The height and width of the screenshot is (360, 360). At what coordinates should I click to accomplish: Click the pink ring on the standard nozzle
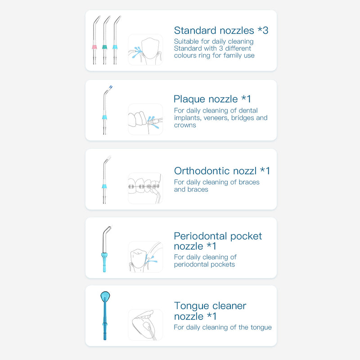(x=94, y=47)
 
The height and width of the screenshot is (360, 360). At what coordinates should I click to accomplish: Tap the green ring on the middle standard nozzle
(x=105, y=47)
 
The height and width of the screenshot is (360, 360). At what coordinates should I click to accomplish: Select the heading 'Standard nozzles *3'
(x=221, y=31)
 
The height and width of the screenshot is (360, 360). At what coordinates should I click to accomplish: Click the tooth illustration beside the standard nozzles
(x=145, y=49)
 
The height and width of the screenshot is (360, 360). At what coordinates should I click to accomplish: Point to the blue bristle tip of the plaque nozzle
(x=111, y=86)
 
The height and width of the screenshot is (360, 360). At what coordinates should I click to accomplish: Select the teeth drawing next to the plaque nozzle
(x=145, y=119)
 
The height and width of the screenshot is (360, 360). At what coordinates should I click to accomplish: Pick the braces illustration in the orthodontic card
(x=145, y=188)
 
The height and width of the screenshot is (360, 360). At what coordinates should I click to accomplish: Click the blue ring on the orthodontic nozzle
(x=104, y=185)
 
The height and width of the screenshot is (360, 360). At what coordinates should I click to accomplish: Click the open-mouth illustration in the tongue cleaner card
(x=145, y=324)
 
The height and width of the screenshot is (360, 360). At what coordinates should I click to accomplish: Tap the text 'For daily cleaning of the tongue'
(x=223, y=327)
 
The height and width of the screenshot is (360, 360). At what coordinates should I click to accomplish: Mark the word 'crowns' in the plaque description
(x=185, y=125)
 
